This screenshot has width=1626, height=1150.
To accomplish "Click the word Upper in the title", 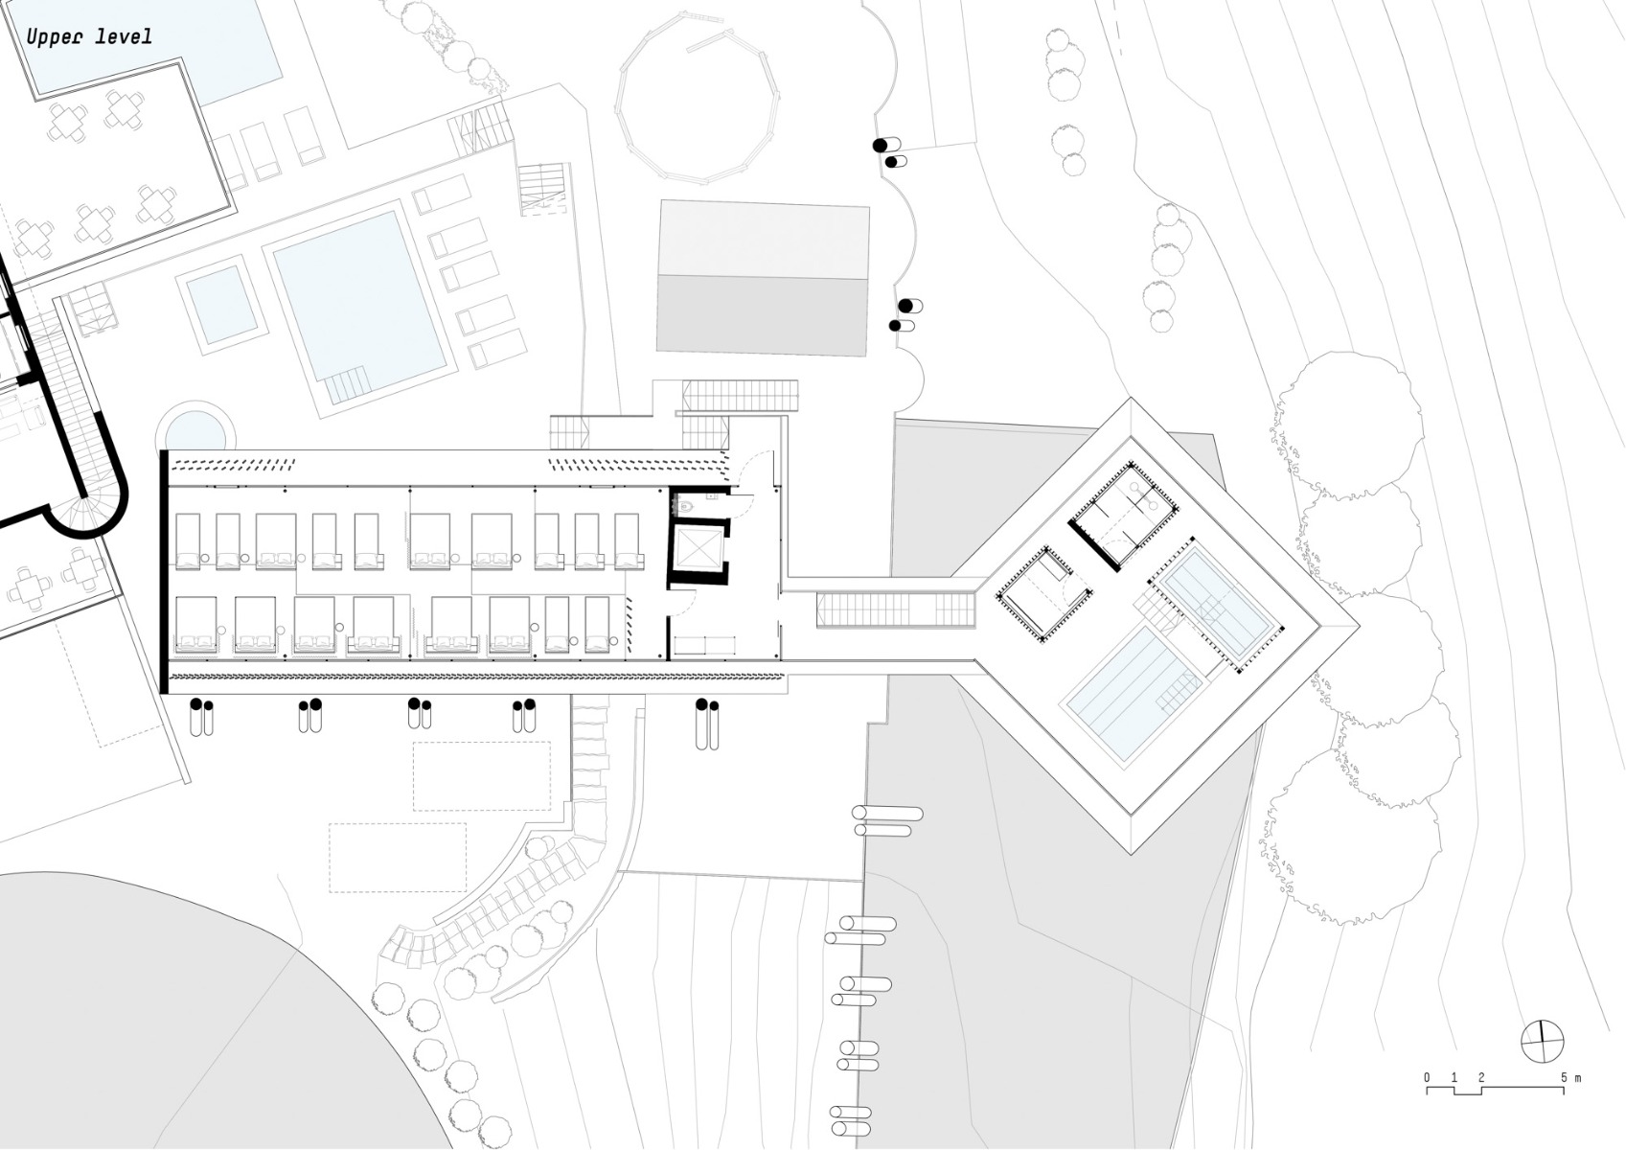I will click(57, 37).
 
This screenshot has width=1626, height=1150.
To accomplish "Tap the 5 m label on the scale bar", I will click(1569, 1078).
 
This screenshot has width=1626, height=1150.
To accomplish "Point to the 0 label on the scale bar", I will click(1427, 1078).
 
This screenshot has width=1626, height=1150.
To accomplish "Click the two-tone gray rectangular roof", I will click(763, 278).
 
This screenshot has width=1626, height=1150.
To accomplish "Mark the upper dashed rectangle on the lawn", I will click(482, 775).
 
